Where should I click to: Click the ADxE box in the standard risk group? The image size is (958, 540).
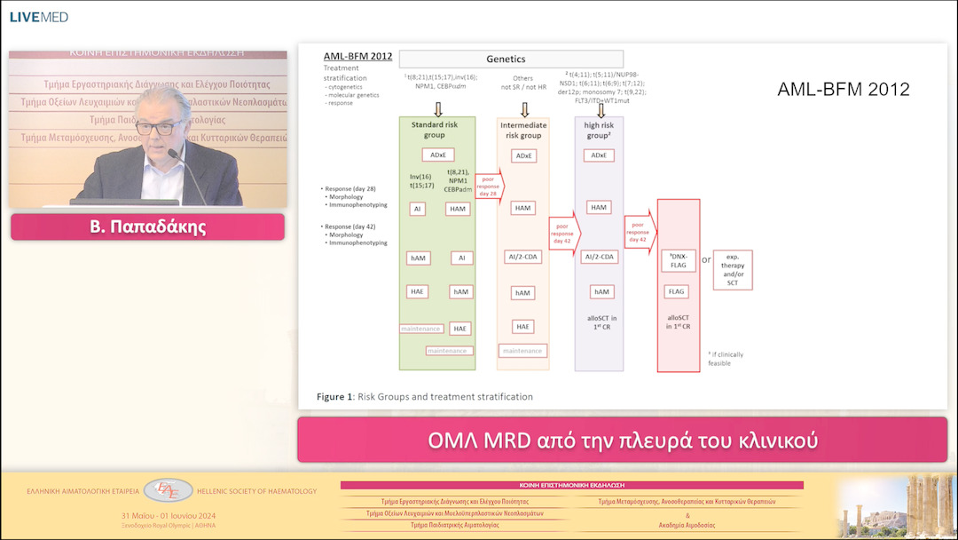pos(437,155)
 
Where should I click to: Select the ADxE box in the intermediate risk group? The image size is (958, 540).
pos(523,155)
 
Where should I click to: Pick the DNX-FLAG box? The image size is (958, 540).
pos(679,259)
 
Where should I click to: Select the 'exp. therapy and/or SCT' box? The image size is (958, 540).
pos(733,269)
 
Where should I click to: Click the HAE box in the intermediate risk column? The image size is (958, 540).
pos(523,326)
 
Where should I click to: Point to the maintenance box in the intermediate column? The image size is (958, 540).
pos(522,351)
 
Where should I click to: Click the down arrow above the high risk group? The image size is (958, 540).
pos(601,110)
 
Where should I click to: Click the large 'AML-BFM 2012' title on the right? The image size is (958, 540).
pos(843,90)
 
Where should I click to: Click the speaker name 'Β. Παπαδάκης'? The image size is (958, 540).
pos(148,227)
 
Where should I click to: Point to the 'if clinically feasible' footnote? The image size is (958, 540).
pos(726,359)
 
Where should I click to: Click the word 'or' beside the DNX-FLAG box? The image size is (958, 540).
pos(706,260)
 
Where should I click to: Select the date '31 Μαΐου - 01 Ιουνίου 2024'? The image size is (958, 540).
pos(169,516)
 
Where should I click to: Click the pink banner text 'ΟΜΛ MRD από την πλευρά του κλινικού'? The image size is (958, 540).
pos(622,441)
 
